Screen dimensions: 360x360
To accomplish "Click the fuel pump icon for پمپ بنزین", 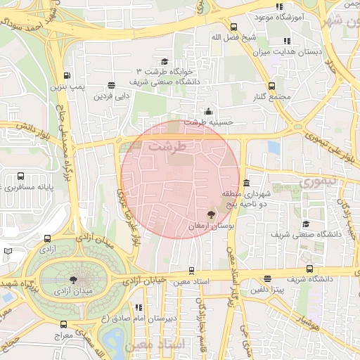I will (67, 76).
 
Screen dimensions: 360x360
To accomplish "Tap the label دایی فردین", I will (113, 94).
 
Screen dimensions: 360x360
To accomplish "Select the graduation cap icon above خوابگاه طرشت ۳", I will (165, 62).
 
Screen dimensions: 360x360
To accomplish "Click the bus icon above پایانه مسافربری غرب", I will (20, 176).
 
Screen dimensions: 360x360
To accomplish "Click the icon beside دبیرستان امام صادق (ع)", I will (139, 307).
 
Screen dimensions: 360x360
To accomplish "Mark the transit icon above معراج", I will (64, 324).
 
